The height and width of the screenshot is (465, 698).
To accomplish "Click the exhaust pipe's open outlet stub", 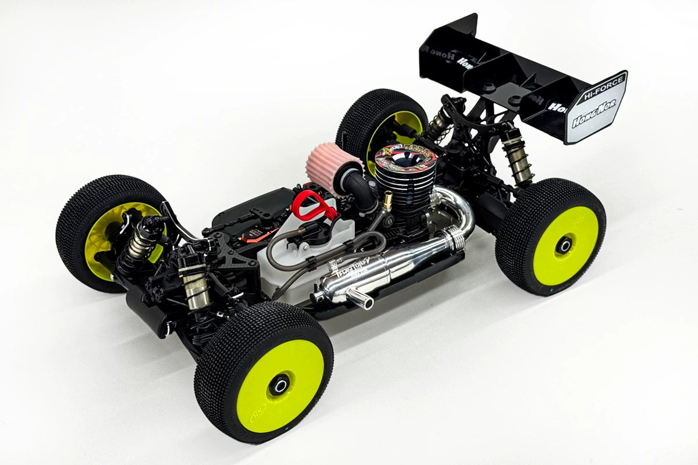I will (362, 299).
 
